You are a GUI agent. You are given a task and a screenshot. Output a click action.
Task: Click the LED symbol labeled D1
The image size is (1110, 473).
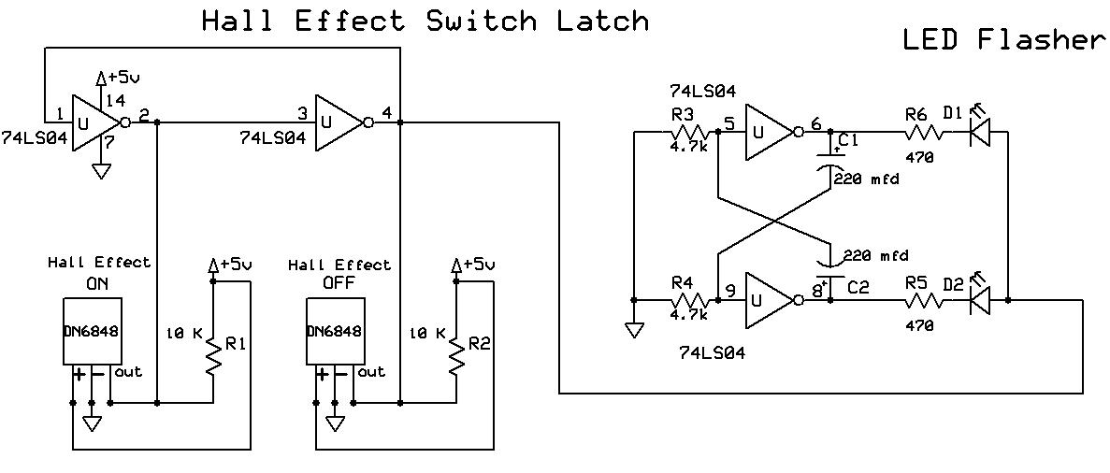click(979, 132)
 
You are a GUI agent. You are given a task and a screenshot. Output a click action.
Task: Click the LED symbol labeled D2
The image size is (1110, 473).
click(979, 300)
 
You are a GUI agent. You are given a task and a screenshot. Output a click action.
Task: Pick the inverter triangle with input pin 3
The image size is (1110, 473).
click(339, 122)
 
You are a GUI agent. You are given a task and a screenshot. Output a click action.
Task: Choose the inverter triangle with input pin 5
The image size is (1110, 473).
click(769, 132)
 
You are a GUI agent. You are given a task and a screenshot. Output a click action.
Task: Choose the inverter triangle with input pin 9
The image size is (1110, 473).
click(769, 300)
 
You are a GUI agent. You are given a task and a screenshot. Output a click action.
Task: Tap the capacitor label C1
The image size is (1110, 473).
click(849, 139)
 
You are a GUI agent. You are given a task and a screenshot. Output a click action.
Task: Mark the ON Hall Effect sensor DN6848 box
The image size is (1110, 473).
click(93, 331)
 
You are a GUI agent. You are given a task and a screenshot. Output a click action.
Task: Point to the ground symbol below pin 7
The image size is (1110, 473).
click(101, 171)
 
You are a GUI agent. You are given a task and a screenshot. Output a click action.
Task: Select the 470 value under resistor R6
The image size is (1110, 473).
click(919, 158)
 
